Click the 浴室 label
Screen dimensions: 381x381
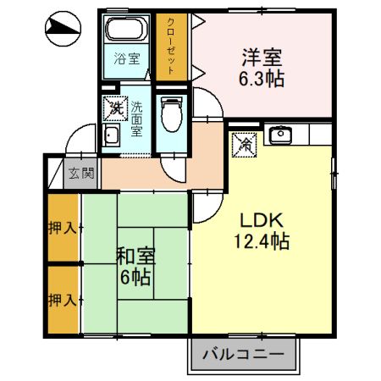click(127, 59)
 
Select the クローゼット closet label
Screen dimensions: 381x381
click(170, 46)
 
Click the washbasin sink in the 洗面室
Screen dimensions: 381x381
click(112, 136)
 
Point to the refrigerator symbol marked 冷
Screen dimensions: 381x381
click(245, 144)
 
